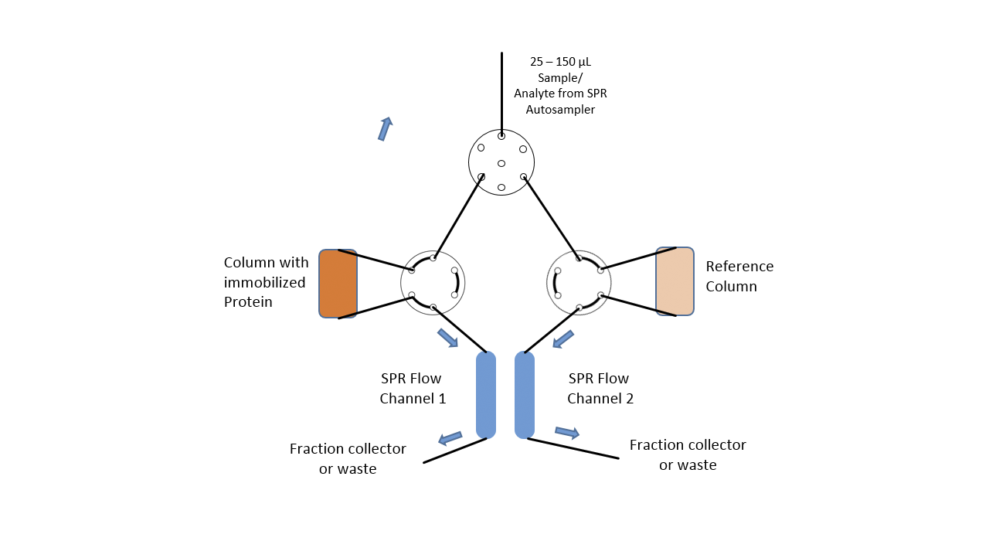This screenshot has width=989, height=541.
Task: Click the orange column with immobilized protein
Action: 338,284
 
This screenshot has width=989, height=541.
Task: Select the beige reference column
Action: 675,281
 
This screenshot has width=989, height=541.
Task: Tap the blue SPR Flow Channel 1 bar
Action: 486,395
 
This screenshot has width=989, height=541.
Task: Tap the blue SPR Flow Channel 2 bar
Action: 525,395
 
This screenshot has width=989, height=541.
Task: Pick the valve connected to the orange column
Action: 433,283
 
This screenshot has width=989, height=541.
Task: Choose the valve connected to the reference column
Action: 579,283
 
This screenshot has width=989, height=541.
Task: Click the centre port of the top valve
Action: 501,163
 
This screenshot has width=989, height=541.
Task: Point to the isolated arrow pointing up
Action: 385,128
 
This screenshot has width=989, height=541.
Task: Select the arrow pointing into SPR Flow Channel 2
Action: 562,339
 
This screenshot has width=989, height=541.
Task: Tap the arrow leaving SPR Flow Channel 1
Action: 450,438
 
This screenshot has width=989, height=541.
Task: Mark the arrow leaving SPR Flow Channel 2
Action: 567,433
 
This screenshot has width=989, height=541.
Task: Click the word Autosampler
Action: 560,110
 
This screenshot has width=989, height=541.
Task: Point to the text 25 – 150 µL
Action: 560,62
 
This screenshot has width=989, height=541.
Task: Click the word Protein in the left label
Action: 248,302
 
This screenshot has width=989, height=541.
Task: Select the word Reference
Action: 739,267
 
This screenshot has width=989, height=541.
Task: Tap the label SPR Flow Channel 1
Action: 412,389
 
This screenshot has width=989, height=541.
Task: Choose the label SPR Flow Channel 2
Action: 600,389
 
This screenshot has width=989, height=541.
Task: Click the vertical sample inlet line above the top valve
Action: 501,93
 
